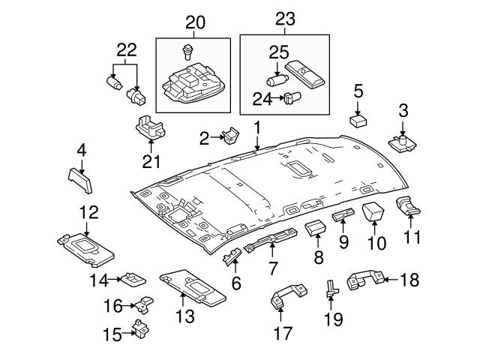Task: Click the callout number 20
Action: tap(195, 23)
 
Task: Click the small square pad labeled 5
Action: tap(358, 118)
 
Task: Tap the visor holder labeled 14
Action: tap(133, 279)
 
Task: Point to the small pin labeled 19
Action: tap(330, 289)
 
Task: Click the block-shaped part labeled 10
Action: tap(373, 212)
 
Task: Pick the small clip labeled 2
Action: tap(229, 135)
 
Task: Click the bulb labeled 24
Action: tap(292, 97)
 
